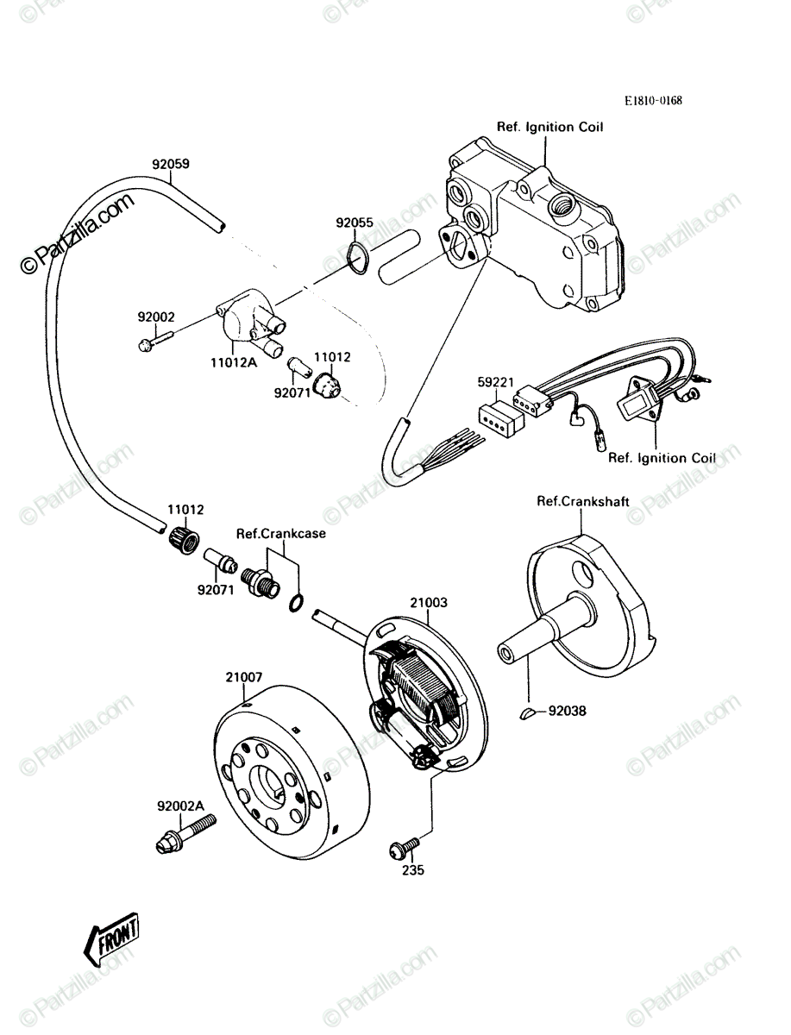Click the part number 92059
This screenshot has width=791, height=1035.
pos(171,164)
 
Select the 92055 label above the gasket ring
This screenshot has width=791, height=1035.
pos(355,223)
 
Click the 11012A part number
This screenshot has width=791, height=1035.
pos(234,362)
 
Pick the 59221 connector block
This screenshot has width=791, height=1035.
pos(501,418)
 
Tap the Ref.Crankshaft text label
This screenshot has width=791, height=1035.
pos(582,501)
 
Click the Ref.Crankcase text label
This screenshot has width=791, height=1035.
pos(281,533)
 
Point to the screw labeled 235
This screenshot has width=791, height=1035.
pos(404,847)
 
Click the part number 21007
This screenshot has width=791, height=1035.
pos(244,678)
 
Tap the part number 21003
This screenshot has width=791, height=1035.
pos(429,603)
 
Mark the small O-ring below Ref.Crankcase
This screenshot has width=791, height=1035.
pos(296,603)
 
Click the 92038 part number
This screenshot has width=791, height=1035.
pos(567,711)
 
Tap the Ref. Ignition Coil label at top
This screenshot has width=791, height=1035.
pos(550,128)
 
